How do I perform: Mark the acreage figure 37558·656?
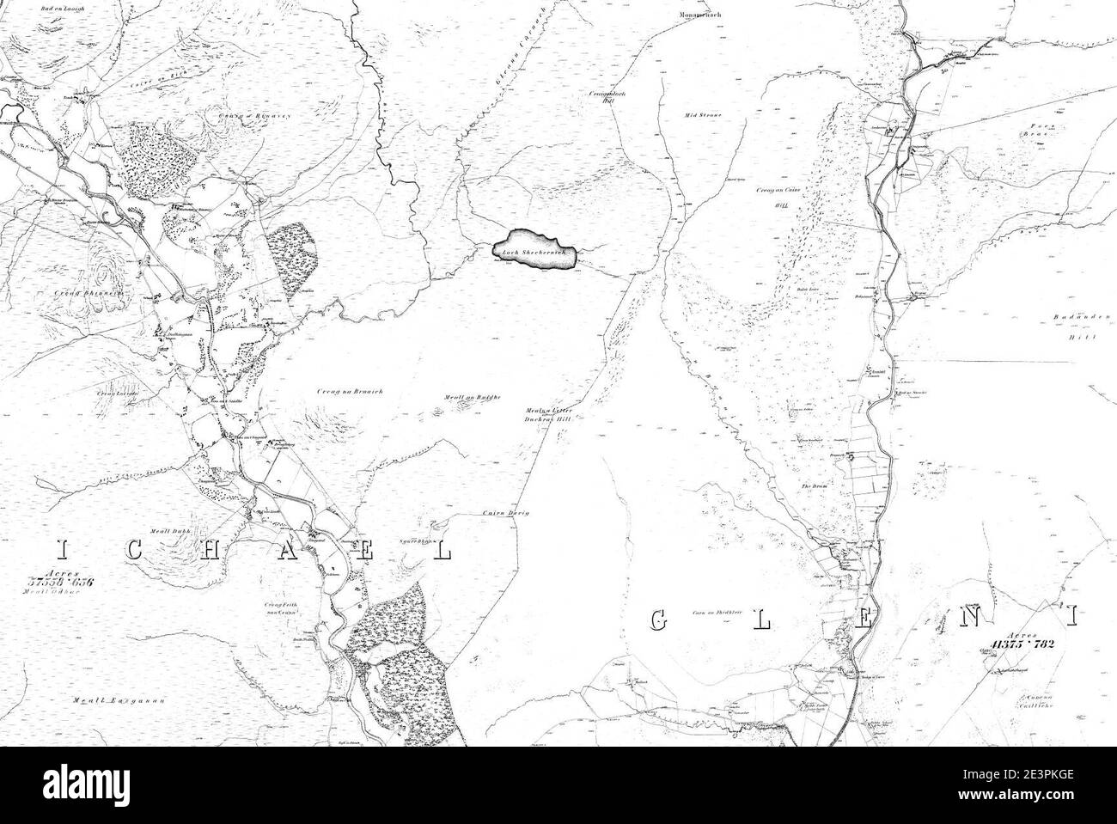click(58, 583)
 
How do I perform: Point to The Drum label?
click(814, 486)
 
